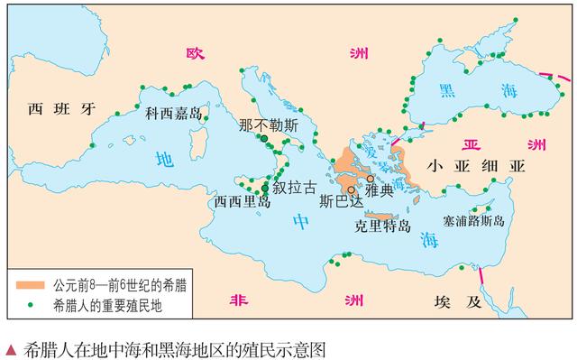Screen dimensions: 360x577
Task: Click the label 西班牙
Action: point(60,110)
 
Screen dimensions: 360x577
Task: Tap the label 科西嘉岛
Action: point(173,114)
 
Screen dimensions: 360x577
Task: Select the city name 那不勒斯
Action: point(269,125)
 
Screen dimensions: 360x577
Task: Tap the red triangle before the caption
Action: point(10,346)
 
